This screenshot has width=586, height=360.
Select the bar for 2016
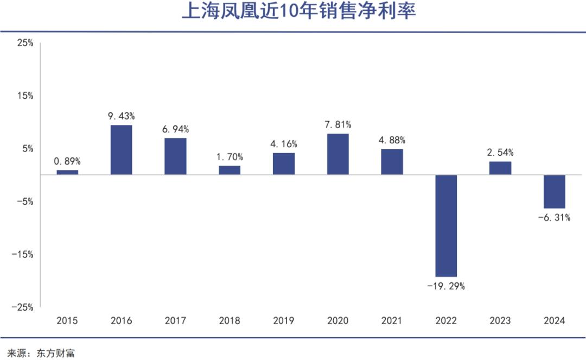(121, 150)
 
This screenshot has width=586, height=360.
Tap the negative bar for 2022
(446, 226)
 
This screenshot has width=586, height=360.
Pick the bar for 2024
(554, 192)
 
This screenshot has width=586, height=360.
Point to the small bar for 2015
(67, 172)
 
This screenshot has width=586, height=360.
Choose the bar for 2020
(338, 154)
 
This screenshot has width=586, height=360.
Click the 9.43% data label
(121, 116)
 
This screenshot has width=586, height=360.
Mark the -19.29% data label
(446, 286)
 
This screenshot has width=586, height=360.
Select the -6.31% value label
(554, 218)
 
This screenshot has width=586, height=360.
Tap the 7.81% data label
(338, 125)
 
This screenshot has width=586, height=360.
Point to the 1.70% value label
(230, 157)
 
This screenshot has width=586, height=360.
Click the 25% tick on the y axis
(26, 42)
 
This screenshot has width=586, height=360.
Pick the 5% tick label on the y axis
(28, 148)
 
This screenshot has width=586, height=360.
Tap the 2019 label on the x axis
(284, 321)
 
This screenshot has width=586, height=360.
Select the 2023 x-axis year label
(500, 321)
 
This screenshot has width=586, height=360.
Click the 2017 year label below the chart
(175, 321)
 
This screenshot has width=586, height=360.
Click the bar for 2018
(230, 170)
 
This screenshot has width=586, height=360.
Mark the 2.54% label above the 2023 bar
(500, 153)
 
